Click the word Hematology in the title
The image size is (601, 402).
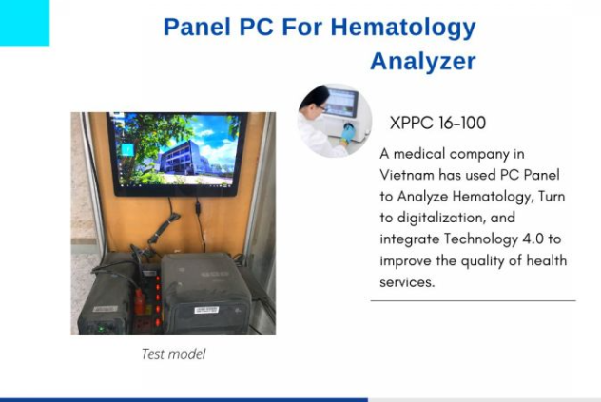point(404,27)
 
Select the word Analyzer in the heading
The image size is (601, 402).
point(422,62)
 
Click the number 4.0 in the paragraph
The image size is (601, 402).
point(551,239)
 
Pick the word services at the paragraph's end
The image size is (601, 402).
point(407,282)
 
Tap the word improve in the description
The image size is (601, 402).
point(405,260)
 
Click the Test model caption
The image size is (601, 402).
point(173,354)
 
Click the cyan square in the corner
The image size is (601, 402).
point(24,23)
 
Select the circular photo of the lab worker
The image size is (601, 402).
point(335,121)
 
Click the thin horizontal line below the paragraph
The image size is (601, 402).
point(473,301)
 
